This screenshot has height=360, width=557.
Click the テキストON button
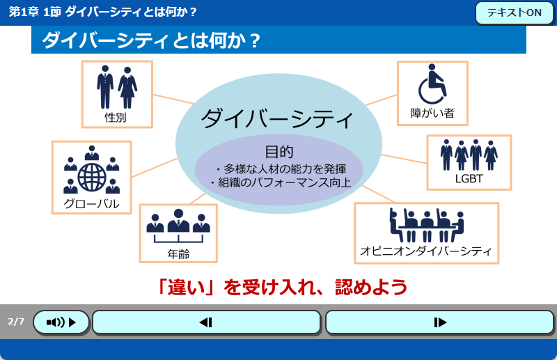515,13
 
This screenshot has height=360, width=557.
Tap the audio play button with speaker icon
61,322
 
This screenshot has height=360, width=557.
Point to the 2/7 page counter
16,322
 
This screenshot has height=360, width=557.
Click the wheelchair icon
432,84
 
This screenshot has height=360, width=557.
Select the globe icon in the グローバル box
92,177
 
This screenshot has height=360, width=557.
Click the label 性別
116,117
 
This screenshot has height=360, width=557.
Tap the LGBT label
469,179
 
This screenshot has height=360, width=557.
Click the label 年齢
178,254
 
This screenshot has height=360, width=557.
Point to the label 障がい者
432,113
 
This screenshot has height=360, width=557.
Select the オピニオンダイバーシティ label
426,251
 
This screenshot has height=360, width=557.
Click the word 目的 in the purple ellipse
279,152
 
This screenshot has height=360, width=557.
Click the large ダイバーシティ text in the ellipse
277,119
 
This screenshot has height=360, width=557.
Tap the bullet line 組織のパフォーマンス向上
281,182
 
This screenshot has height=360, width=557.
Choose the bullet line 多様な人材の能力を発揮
281,169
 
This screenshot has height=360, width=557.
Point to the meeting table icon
427,226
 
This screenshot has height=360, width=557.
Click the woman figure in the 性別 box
127,88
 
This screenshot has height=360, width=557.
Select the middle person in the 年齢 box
178,220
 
